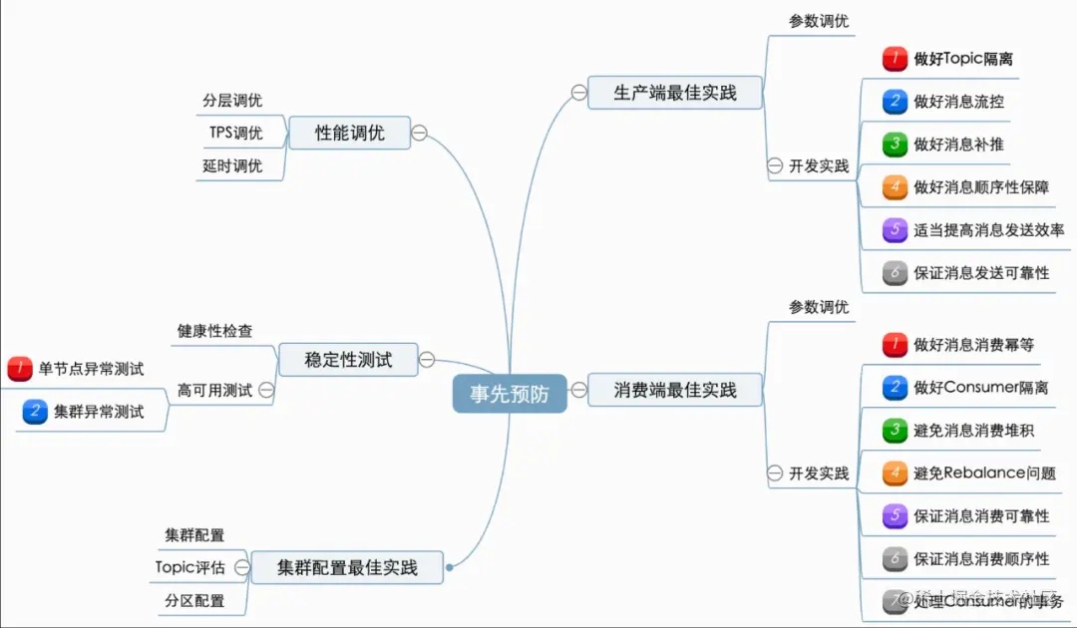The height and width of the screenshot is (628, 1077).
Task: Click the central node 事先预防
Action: pyautogui.click(x=510, y=393)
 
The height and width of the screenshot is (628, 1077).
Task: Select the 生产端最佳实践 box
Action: pyautogui.click(x=675, y=93)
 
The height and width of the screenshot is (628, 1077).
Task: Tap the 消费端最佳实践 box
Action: pyautogui.click(x=675, y=390)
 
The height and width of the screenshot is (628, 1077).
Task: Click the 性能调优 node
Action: pyautogui.click(x=349, y=133)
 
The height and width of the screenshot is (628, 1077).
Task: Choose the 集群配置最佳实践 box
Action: pyautogui.click(x=347, y=568)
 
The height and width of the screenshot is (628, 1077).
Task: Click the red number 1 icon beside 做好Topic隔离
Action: pyautogui.click(x=895, y=59)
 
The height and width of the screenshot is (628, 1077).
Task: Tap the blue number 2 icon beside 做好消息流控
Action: pyautogui.click(x=895, y=101)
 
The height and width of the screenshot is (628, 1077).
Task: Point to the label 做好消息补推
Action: pyautogui.click(x=958, y=144)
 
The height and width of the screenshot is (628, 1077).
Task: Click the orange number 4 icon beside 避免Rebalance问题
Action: pyautogui.click(x=895, y=472)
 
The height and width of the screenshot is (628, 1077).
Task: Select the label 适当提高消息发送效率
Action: pyautogui.click(x=988, y=229)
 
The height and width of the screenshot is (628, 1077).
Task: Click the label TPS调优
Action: pyautogui.click(x=235, y=133)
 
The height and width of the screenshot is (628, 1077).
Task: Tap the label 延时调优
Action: pyautogui.click(x=232, y=165)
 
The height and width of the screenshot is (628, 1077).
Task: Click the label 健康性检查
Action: pyautogui.click(x=214, y=330)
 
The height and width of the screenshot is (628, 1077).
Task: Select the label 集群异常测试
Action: pyautogui.click(x=98, y=412)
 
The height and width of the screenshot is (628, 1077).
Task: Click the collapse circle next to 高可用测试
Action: pyautogui.click(x=266, y=391)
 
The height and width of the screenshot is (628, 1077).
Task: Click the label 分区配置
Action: pyautogui.click(x=194, y=600)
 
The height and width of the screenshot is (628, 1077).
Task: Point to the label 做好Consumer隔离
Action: pyautogui.click(x=980, y=387)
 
